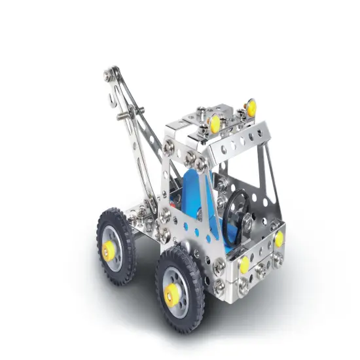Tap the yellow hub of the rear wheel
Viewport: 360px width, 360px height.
point(108,247)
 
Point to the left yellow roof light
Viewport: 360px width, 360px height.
point(214,122)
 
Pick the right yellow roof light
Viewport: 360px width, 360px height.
point(249,106)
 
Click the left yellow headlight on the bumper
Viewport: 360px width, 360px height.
point(244,264)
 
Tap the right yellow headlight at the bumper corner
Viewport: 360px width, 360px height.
point(279,238)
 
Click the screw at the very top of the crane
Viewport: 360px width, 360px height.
point(115,70)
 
